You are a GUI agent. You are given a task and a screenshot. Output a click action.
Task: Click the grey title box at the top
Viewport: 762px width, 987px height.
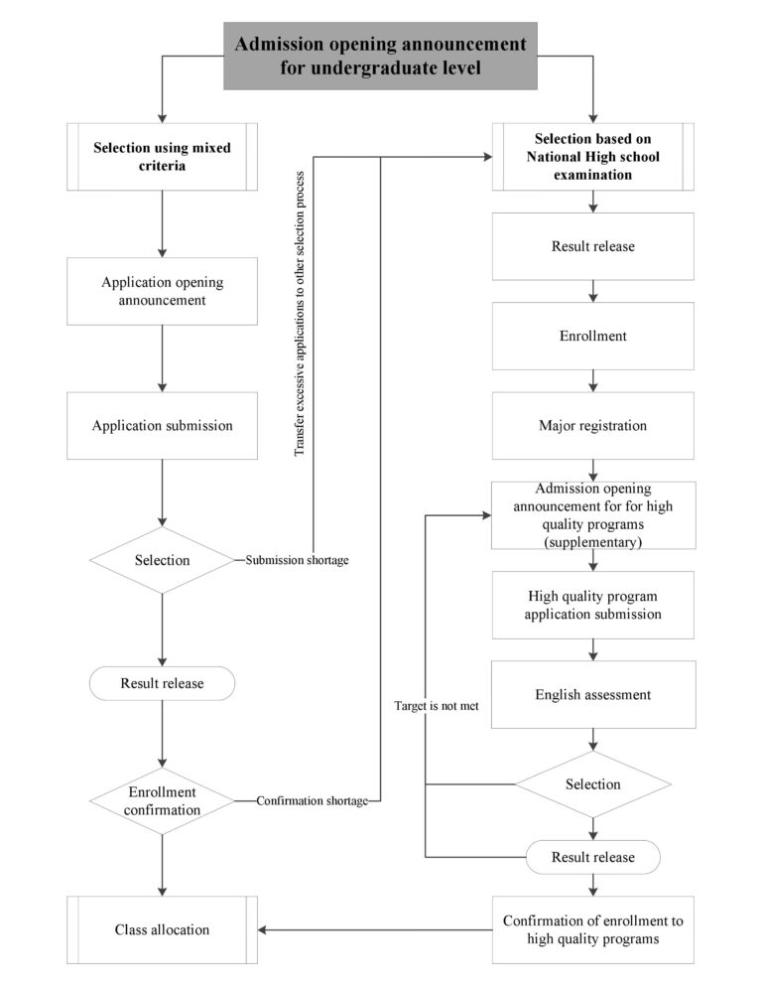380,56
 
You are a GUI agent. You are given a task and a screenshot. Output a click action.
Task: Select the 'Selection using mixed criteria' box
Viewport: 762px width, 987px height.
162,157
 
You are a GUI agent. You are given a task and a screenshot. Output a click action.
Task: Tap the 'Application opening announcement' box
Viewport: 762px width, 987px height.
162,291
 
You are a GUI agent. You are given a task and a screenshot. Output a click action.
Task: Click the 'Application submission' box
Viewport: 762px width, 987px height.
162,426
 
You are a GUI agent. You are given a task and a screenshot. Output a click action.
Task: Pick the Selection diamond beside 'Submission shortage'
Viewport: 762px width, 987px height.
162,561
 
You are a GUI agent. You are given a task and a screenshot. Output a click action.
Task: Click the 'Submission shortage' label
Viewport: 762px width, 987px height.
297,561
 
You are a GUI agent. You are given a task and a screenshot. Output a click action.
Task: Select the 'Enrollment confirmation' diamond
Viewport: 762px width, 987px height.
162,800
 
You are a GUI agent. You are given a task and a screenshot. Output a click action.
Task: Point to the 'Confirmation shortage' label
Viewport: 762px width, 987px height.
312,800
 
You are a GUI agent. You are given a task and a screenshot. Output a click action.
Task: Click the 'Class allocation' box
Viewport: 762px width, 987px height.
162,929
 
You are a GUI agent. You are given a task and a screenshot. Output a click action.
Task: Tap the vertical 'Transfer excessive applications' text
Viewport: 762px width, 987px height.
300,314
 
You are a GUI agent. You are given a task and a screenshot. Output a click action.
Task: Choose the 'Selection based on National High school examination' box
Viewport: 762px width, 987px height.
592,157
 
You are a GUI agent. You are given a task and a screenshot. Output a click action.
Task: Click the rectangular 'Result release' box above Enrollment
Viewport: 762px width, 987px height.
592,246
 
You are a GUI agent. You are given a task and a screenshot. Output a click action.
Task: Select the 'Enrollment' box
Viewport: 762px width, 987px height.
592,336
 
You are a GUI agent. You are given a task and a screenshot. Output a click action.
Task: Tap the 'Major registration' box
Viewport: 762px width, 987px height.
592,426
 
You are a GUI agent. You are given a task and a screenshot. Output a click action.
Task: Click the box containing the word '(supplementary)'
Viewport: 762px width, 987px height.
592,515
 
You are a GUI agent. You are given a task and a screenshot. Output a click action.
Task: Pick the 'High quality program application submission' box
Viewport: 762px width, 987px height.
592,605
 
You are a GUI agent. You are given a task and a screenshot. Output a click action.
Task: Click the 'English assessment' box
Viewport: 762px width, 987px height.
592,694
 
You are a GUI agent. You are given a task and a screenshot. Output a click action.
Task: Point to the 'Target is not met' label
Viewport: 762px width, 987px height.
436,707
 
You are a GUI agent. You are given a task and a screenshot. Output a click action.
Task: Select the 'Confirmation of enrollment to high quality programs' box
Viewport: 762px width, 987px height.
592,929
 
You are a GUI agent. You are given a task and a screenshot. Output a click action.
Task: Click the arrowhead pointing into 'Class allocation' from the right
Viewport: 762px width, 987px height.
264,930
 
